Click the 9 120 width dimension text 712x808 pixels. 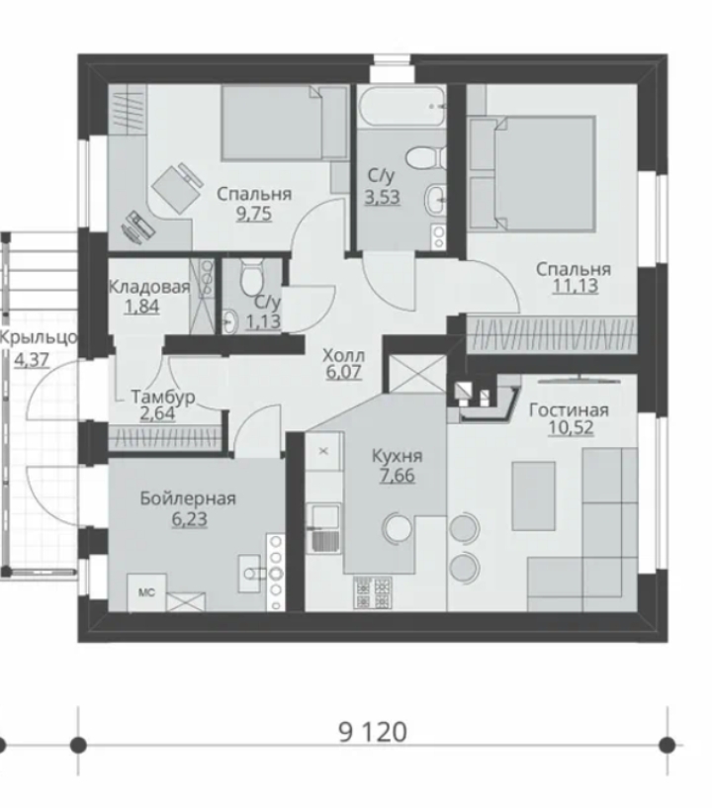(x=372, y=732)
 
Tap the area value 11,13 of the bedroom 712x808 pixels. (x=575, y=286)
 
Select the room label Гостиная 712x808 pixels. (x=569, y=410)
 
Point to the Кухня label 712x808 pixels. (x=397, y=457)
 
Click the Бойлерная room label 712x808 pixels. (x=188, y=498)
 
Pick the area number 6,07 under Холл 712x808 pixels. (x=343, y=372)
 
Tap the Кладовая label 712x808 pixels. (x=149, y=287)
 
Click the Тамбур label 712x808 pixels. (x=163, y=397)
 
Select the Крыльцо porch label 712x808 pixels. (x=39, y=338)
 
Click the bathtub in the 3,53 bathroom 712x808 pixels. (x=400, y=107)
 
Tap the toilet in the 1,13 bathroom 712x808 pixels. (x=252, y=277)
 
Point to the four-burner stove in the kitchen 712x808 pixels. (x=373, y=592)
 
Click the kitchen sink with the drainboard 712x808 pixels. (x=323, y=527)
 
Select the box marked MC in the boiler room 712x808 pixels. (x=146, y=592)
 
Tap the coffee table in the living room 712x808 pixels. (x=534, y=495)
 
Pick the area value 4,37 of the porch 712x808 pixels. (x=32, y=359)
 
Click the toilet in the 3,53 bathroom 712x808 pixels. (x=425, y=156)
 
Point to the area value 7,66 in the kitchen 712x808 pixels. (x=397, y=475)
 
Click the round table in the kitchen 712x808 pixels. (x=398, y=527)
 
